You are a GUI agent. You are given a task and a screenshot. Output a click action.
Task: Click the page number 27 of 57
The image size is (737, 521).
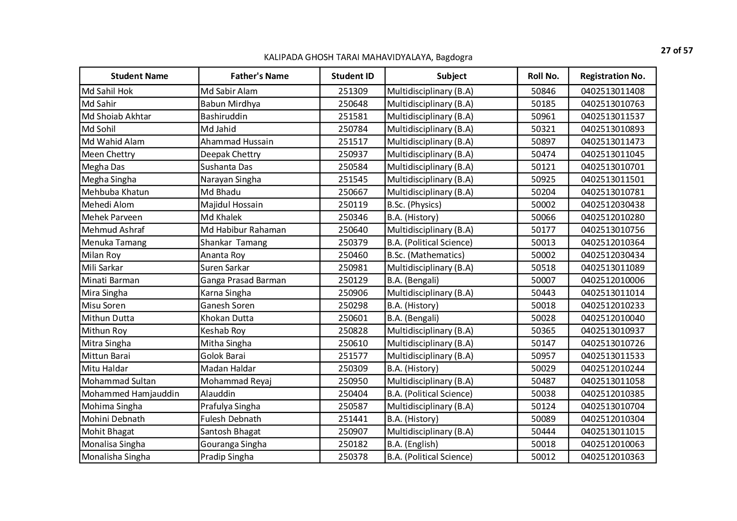click(676, 51)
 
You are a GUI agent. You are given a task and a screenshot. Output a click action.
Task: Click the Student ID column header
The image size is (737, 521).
click(352, 76)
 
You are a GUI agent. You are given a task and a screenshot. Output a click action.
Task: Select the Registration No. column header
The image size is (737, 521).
click(612, 76)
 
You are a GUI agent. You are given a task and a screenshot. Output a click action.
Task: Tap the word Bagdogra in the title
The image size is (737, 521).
click(454, 57)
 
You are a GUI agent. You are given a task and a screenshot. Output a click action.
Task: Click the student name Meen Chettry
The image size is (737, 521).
click(108, 154)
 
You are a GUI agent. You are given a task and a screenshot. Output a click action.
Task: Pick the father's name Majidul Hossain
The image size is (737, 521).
click(232, 205)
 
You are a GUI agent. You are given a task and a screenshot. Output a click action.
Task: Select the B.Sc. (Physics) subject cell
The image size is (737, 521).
click(414, 205)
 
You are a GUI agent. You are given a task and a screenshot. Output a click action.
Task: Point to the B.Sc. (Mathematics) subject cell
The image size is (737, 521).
click(426, 255)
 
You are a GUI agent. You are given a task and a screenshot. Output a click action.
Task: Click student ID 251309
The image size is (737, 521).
click(353, 91)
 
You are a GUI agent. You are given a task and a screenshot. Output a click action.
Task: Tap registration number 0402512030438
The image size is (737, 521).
click(612, 205)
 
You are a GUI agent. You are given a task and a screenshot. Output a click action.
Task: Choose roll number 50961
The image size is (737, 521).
click(543, 116)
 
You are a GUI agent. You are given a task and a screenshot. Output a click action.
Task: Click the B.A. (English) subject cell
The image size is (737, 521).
click(412, 444)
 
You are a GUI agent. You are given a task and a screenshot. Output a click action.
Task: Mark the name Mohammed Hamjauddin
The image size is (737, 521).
click(130, 394)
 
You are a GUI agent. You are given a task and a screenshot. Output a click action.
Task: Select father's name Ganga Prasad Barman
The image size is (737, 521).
click(243, 280)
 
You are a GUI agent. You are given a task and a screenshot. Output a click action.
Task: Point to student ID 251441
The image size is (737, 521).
click(353, 419)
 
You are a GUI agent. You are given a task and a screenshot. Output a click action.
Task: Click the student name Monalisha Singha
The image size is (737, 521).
click(116, 457)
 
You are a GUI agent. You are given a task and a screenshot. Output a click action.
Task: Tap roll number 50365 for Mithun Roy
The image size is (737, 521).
click(543, 331)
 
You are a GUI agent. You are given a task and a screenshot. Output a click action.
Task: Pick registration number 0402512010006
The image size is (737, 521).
click(612, 280)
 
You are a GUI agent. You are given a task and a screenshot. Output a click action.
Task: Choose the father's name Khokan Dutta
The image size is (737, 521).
click(227, 318)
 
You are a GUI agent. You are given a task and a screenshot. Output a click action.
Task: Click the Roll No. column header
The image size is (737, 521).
click(543, 76)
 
